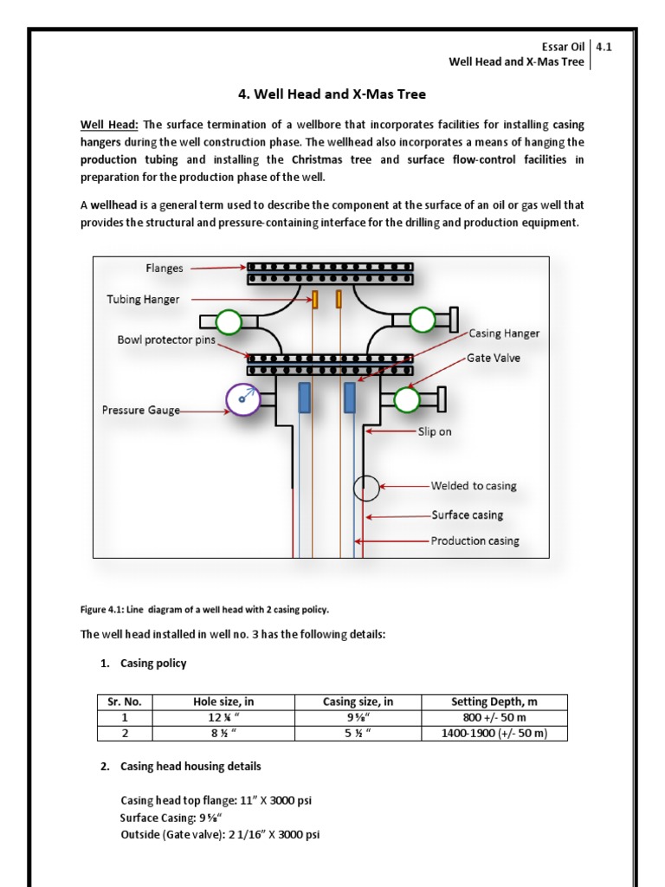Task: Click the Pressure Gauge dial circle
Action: [x=242, y=398]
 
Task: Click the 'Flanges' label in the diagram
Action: [x=165, y=269]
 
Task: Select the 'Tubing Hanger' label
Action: [x=144, y=300]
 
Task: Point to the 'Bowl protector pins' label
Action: [x=167, y=340]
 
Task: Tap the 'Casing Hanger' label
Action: [x=504, y=333]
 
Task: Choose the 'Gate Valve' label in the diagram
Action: [x=494, y=358]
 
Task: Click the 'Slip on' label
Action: [x=435, y=431]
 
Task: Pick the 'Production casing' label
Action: [x=475, y=541]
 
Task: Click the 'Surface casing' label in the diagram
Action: [x=467, y=515]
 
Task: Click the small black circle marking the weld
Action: [x=366, y=488]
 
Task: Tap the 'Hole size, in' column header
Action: [x=223, y=702]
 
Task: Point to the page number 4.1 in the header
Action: [x=604, y=48]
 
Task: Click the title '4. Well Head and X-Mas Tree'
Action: [x=332, y=94]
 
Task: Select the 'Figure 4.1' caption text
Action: [x=205, y=609]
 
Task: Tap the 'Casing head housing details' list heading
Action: [x=190, y=767]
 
